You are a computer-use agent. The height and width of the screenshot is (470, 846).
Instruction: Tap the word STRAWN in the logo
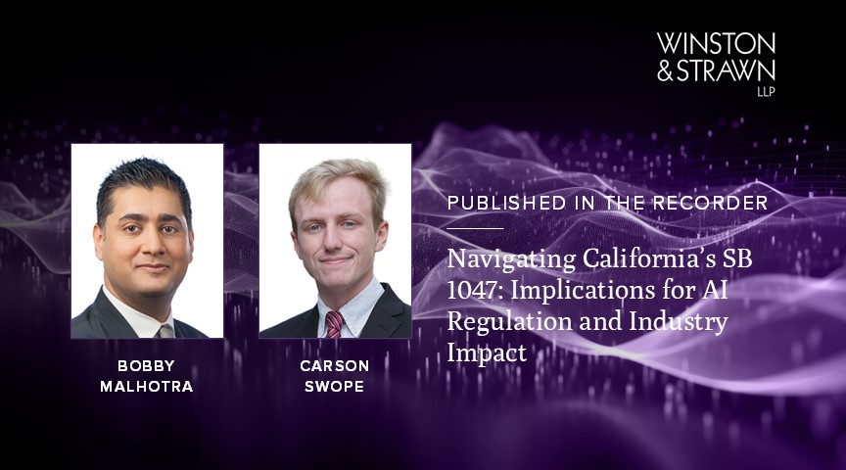[727, 70]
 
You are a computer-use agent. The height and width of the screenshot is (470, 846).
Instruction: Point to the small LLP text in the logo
[765, 91]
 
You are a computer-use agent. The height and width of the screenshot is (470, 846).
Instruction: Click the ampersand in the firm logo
[666, 70]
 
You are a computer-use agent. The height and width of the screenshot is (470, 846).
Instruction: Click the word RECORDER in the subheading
[721, 203]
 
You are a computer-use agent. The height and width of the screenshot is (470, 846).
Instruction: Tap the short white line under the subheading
[475, 227]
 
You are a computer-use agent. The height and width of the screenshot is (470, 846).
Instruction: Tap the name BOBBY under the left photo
[147, 365]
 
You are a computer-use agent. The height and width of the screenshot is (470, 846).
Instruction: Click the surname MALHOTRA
[147, 386]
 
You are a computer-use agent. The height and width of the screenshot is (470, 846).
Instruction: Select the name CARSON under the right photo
[335, 365]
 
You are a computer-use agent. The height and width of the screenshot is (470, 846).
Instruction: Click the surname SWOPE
[335, 386]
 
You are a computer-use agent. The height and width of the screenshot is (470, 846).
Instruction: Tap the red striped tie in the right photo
[335, 324]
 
